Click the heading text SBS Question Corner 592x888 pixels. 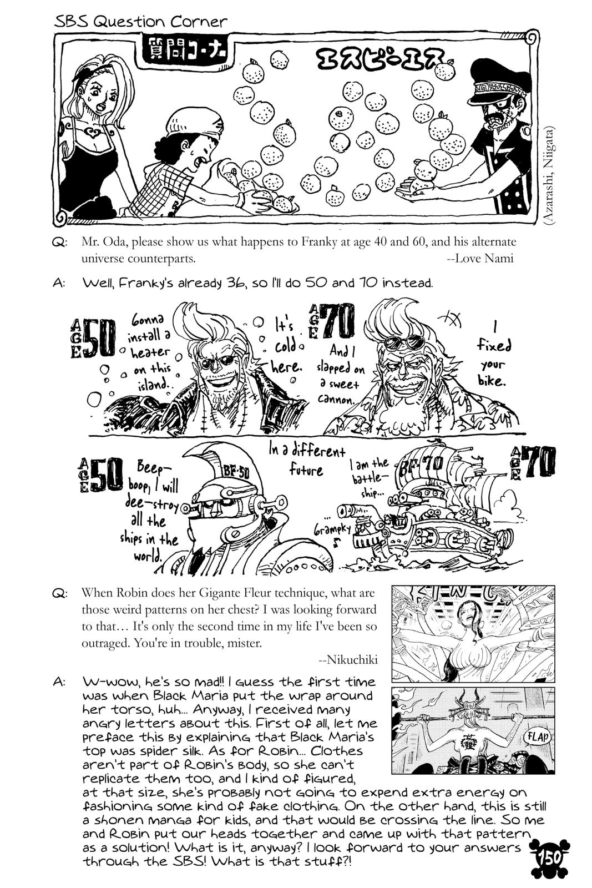click(141, 21)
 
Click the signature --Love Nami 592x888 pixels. click(480, 258)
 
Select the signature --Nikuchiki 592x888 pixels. click(348, 660)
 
